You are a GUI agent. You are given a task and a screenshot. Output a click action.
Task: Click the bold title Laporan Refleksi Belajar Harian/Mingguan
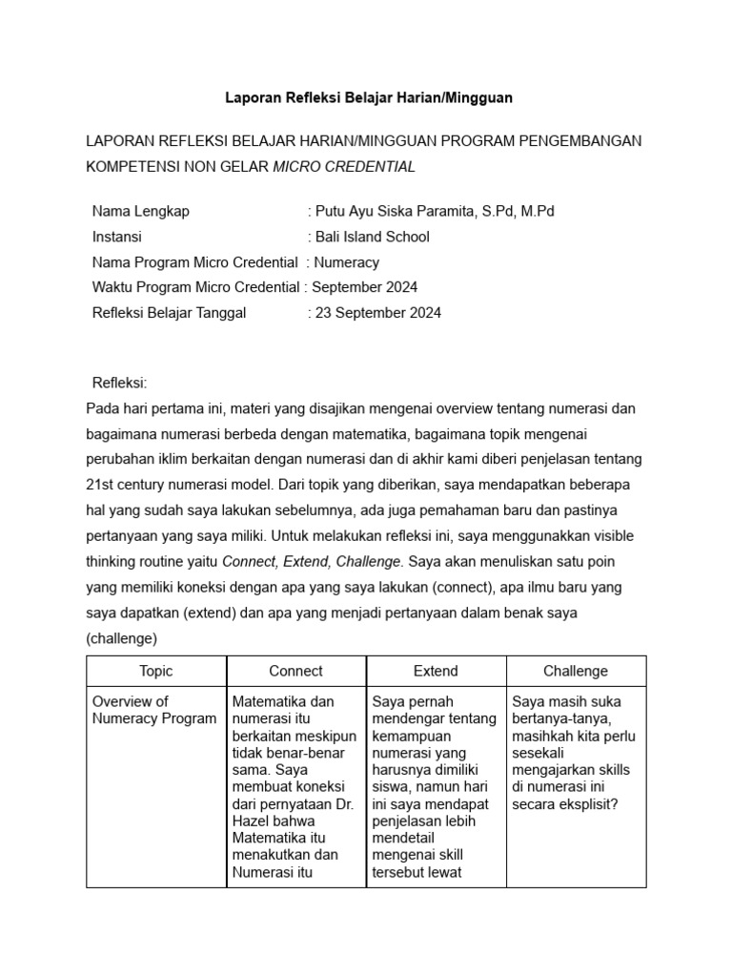[368, 97]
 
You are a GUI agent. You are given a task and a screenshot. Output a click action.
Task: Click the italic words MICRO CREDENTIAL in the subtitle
[344, 166]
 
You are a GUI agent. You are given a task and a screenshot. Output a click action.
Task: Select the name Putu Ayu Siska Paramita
[391, 211]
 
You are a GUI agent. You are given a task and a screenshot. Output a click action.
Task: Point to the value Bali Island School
[372, 237]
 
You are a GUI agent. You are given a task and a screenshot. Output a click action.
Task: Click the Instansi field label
[117, 237]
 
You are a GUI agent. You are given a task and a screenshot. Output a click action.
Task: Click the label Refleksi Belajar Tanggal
[170, 312]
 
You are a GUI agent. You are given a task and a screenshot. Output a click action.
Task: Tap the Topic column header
[156, 671]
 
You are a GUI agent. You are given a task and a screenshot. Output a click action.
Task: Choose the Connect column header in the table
[295, 671]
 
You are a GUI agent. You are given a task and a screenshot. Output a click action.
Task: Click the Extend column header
[436, 671]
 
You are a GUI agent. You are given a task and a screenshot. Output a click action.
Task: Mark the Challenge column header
[576, 671]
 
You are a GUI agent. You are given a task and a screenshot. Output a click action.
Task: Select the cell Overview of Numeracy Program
[153, 710]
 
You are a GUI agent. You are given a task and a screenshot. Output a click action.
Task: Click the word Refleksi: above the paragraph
[119, 383]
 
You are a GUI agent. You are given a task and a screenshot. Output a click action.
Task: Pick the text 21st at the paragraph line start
[101, 484]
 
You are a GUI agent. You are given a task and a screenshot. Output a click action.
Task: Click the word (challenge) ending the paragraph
[121, 637]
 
